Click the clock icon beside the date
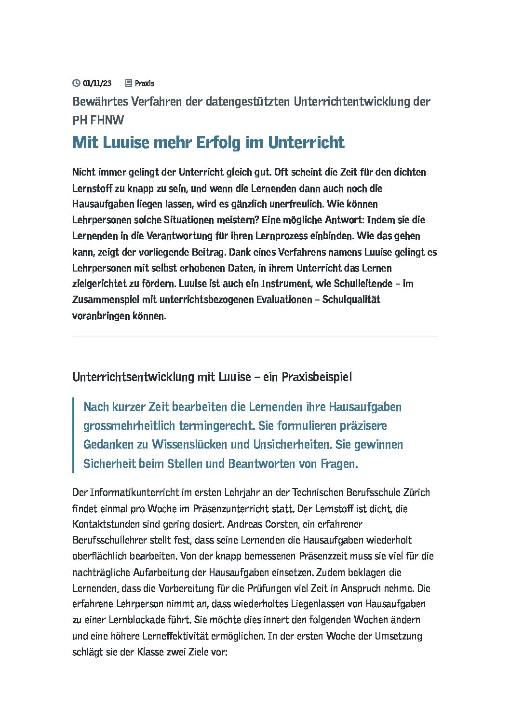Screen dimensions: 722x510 point(76,83)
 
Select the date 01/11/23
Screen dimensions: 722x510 point(97,83)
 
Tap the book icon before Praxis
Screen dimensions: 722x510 point(128,83)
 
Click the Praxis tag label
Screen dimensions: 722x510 point(145,83)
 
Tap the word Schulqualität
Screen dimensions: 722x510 point(351,300)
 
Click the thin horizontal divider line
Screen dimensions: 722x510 point(255,336)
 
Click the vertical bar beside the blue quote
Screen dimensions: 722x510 point(73,435)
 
